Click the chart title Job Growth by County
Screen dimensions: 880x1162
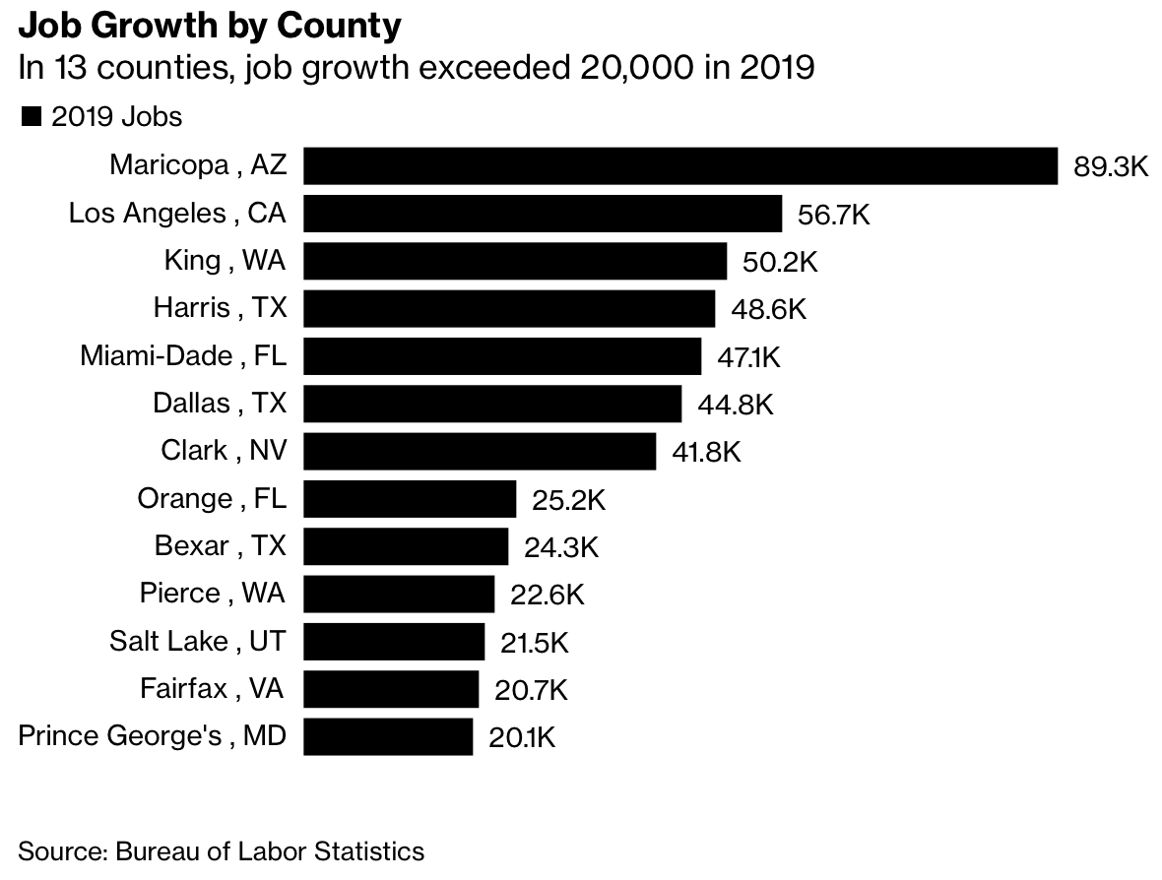pyautogui.click(x=210, y=26)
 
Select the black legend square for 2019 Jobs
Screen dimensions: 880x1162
pyautogui.click(x=31, y=117)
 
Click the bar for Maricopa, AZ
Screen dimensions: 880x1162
pyautogui.click(x=679, y=165)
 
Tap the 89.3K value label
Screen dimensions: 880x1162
pyautogui.click(x=1111, y=166)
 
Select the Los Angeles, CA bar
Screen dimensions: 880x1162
pyautogui.click(x=542, y=214)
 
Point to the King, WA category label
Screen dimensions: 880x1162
pyautogui.click(x=225, y=261)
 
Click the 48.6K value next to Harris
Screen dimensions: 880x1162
pyautogui.click(x=768, y=309)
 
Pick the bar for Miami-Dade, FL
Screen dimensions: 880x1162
pyautogui.click(x=501, y=356)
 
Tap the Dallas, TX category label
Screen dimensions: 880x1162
pyautogui.click(x=219, y=404)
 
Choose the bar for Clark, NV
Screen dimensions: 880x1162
pyautogui.click(x=479, y=452)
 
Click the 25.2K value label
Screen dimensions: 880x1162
pyautogui.click(x=568, y=500)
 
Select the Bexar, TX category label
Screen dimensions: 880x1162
pyautogui.click(x=221, y=546)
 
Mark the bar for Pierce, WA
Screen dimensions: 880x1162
pyautogui.click(x=398, y=595)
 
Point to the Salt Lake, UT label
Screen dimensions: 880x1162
pyautogui.click(x=197, y=642)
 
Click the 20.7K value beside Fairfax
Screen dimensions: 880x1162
pyautogui.click(x=531, y=690)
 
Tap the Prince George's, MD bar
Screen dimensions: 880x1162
pyautogui.click(x=387, y=737)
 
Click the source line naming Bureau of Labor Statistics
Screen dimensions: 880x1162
pyautogui.click(x=222, y=851)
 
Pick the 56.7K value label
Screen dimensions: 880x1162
pyautogui.click(x=834, y=215)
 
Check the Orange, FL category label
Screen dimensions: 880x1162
pyautogui.click(x=212, y=499)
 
